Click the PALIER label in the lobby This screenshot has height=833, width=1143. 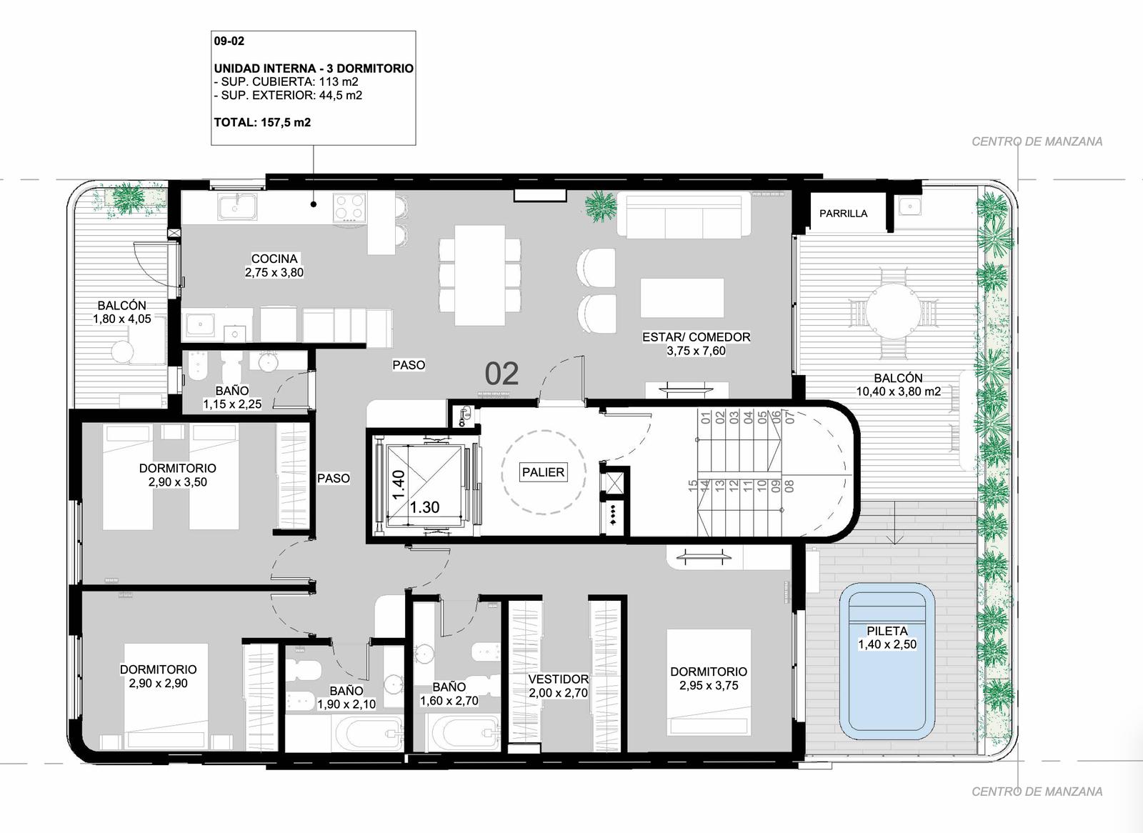tap(543, 472)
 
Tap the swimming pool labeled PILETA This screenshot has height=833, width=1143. tap(887, 662)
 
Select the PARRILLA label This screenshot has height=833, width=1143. tap(843, 214)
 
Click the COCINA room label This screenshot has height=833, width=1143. tap(274, 259)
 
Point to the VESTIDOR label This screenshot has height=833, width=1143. tap(558, 679)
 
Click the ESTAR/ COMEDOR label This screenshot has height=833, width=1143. tap(696, 337)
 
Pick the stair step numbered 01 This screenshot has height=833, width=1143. tap(707, 417)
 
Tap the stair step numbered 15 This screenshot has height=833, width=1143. tap(692, 486)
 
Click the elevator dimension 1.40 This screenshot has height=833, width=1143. tap(399, 484)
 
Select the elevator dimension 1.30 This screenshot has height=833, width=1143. tap(424, 507)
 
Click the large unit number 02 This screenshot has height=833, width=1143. tap(501, 374)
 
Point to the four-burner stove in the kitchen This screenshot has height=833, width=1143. tap(349, 206)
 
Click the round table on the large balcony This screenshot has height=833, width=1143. tap(893, 310)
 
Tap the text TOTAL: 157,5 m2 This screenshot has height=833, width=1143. tap(262, 122)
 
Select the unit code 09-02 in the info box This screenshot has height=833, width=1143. tap(229, 41)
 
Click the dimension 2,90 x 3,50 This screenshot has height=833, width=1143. tap(178, 482)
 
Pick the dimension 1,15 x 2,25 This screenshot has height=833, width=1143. tap(232, 404)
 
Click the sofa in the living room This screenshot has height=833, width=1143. tap(684, 214)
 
